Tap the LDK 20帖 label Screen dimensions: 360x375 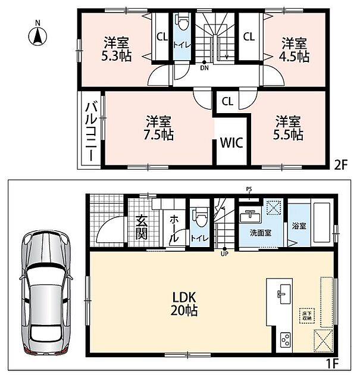184,304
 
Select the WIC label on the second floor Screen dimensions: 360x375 231,142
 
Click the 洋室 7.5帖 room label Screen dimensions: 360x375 158,128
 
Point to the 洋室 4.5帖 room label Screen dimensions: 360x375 295,50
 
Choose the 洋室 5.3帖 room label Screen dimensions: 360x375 117,49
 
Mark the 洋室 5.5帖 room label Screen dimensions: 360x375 288,127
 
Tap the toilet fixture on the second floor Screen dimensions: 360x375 183,22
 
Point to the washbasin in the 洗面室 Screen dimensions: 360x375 250,217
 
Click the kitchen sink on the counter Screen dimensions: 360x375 284,294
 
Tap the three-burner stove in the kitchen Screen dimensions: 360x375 286,339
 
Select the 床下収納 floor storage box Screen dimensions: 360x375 306,316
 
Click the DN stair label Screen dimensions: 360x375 204,68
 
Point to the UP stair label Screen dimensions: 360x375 224,254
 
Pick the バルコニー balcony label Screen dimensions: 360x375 91,132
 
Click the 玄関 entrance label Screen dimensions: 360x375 141,227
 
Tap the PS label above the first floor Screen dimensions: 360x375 249,189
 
